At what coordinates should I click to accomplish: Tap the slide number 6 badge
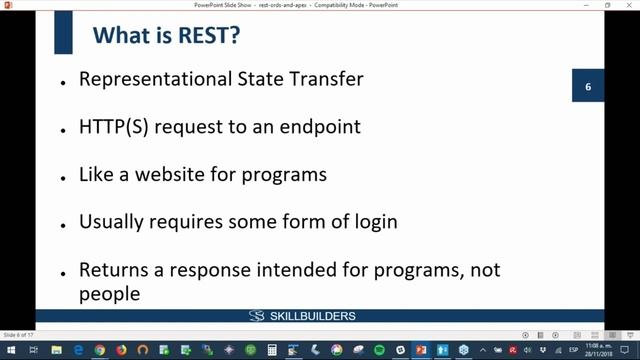(x=588, y=88)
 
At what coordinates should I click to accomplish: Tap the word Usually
(x=113, y=221)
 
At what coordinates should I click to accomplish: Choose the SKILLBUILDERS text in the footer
(x=313, y=317)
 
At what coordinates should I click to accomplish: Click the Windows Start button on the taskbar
(x=9, y=349)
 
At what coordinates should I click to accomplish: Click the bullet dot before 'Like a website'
(x=63, y=176)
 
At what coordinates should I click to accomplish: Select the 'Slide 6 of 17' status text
(x=18, y=335)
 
